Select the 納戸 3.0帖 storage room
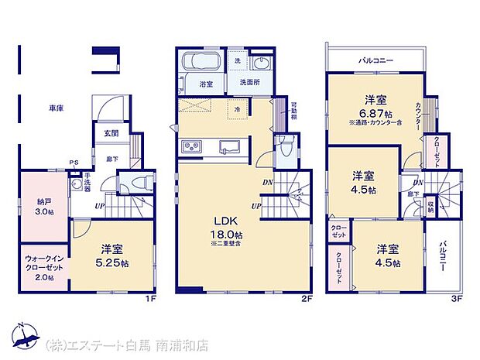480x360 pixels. (x=44, y=207)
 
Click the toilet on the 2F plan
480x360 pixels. (x=286, y=148)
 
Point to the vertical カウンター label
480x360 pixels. (x=418, y=118)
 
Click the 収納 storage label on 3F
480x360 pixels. (x=430, y=207)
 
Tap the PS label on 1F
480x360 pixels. (x=74, y=163)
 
